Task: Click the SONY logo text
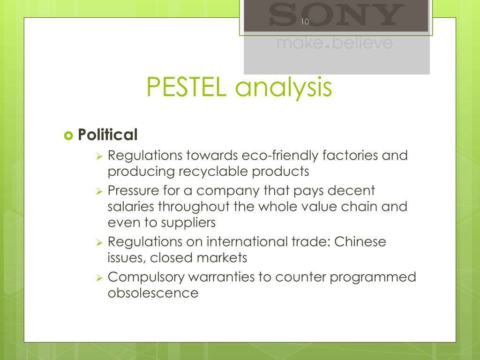coord(336,15)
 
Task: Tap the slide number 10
coord(305,21)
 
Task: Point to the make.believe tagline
coord(335,43)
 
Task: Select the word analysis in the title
coord(281,88)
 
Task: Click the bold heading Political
coord(108,135)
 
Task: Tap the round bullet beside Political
coord(68,135)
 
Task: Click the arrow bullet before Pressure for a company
coord(99,191)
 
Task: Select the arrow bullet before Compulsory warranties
coord(99,277)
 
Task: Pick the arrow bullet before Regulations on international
coord(99,242)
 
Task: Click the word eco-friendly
coord(275,155)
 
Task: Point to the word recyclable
coord(215,172)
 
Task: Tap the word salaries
coord(131,207)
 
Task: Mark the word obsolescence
coord(153,293)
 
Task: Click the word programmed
coord(373,277)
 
